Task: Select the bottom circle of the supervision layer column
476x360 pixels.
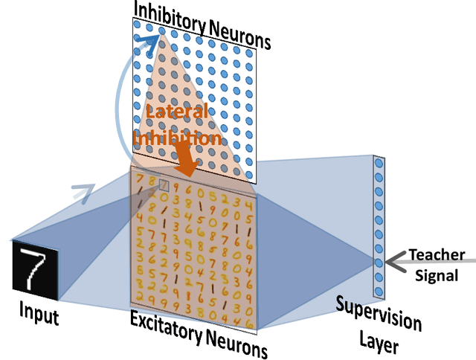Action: (x=379, y=289)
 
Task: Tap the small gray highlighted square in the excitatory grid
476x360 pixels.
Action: (x=164, y=184)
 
